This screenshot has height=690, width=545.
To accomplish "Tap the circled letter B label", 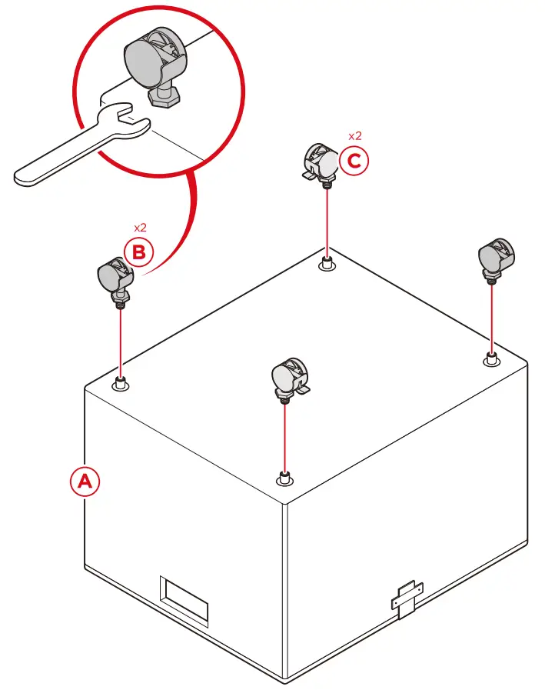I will point(140,252).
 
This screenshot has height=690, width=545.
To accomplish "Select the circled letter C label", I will point(354,162).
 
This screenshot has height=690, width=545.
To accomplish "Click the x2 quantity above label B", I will point(140,228).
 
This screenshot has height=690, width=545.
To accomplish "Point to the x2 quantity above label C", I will point(354,136).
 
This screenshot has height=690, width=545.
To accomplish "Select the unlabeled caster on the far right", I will point(492,257).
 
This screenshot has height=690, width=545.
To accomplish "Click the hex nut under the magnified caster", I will point(163,96).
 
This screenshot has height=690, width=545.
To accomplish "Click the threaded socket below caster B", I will point(121,383).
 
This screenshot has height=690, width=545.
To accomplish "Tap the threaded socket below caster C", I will point(327,264).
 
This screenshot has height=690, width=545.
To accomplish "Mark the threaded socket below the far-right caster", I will point(490,358).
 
